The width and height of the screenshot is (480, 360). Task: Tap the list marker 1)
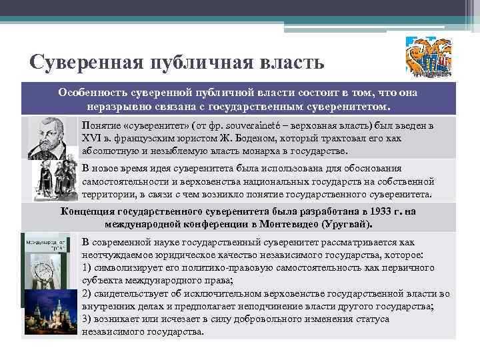point(87,267)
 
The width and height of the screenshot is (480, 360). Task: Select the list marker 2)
point(87,293)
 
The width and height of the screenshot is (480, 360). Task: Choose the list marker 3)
point(87,319)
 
